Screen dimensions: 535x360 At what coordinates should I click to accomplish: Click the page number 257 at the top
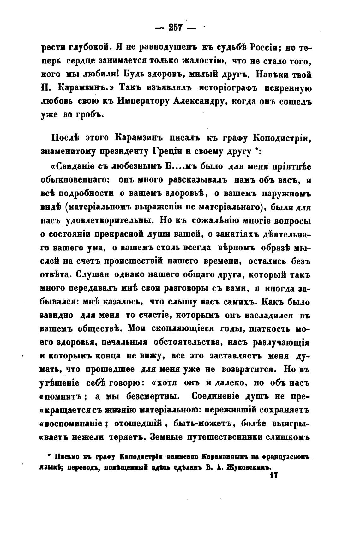point(176,28)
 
